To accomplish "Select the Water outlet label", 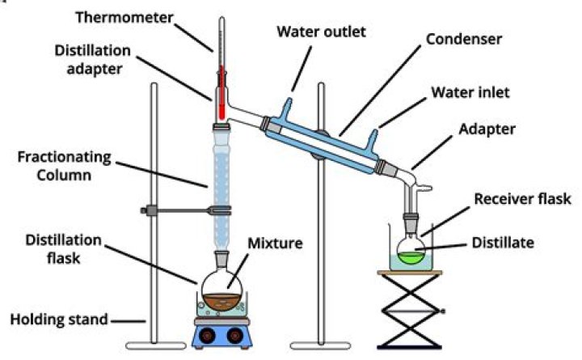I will coord(321,32).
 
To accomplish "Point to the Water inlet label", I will coord(470,92).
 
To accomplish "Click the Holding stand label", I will coord(59,319).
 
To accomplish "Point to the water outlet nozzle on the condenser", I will coord(286,108).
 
